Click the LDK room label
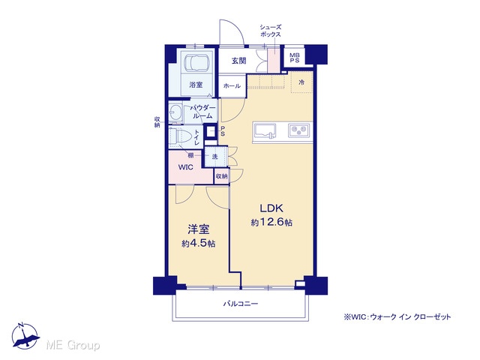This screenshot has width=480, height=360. (x=271, y=208)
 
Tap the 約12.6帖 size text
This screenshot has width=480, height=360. (x=271, y=222)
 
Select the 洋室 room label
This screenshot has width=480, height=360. (x=198, y=229)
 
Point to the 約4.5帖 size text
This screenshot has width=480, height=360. (x=198, y=244)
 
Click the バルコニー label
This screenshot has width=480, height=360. (x=241, y=304)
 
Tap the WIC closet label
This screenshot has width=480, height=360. (x=186, y=167)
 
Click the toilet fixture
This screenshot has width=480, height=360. (x=180, y=136)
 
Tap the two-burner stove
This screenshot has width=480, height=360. (x=298, y=130)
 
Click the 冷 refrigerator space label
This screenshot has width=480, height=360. (x=301, y=82)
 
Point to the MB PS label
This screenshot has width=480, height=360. (x=295, y=58)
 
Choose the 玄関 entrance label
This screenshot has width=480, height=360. (x=238, y=61)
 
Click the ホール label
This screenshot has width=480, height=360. (x=232, y=86)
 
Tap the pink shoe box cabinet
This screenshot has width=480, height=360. (x=274, y=60)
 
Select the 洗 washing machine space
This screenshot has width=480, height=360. (x=215, y=157)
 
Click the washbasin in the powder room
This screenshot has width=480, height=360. (x=175, y=113)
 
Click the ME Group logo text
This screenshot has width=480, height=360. (x=73, y=345)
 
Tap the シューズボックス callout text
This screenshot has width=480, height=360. (x=270, y=31)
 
